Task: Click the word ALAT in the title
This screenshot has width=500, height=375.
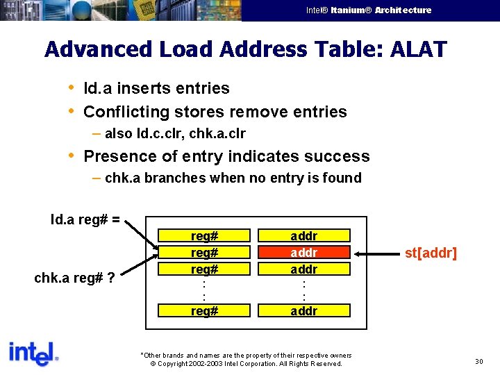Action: (419, 49)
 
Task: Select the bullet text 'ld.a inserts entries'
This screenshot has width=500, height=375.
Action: (156, 88)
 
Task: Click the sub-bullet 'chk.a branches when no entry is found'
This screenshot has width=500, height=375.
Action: (233, 178)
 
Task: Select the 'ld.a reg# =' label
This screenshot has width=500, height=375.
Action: (85, 220)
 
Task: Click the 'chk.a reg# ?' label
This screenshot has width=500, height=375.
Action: (74, 278)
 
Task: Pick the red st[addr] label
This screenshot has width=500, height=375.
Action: (431, 253)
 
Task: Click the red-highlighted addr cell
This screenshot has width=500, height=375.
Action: (303, 252)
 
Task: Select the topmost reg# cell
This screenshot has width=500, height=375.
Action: (205, 236)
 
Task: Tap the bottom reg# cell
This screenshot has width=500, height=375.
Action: (205, 310)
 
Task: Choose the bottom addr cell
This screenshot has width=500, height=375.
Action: (303, 310)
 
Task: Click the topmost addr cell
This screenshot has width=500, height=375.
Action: (303, 236)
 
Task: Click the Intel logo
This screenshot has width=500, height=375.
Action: (33, 353)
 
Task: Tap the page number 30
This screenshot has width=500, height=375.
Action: (478, 361)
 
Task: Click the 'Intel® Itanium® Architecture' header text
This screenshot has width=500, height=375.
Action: (369, 10)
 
